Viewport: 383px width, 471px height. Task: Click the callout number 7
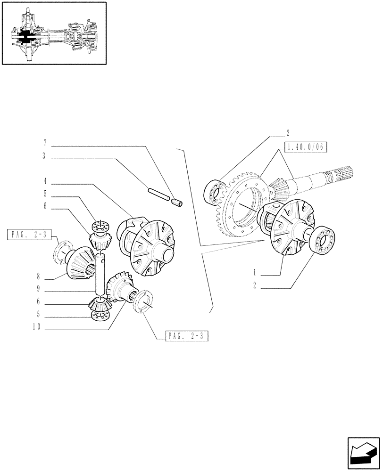pos(44,142)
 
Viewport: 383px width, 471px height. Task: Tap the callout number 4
pos(44,181)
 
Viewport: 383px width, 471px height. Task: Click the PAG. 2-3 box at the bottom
pos(187,336)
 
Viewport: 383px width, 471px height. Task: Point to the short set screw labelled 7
pos(178,203)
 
